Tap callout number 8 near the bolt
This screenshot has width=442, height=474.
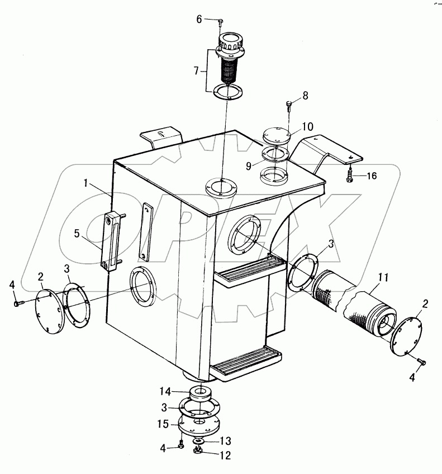[x=305, y=96]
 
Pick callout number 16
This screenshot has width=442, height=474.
[x=372, y=176]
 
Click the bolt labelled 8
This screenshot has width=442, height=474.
[x=289, y=105]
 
